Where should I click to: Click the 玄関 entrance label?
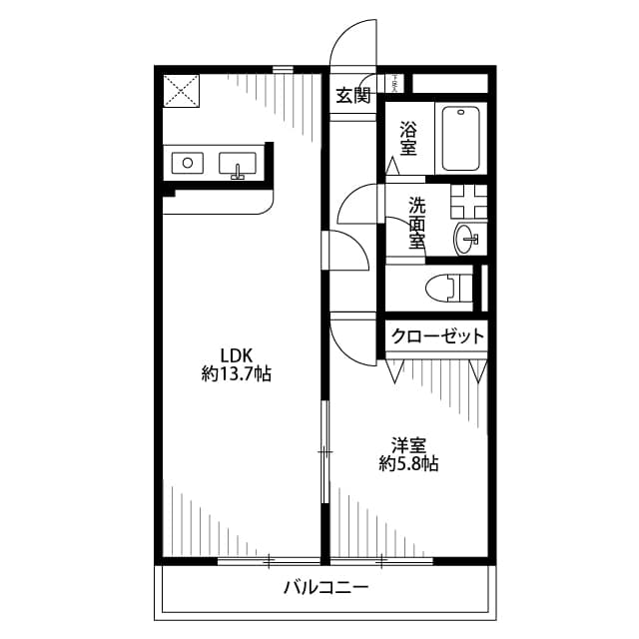[352, 96]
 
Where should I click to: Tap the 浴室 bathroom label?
[408, 138]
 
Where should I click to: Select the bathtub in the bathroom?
[459, 138]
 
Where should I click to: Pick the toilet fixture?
[447, 288]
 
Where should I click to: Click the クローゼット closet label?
[437, 336]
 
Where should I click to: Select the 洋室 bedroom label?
[409, 444]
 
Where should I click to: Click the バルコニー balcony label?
[325, 587]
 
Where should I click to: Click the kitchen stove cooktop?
[187, 163]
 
